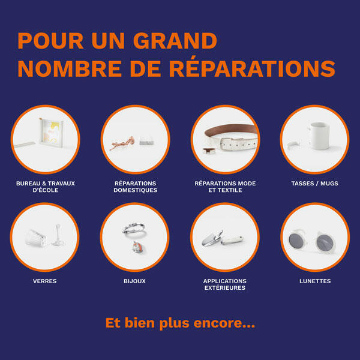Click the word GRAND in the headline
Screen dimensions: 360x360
175,41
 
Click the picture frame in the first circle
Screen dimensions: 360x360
51,133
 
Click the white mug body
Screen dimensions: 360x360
319,136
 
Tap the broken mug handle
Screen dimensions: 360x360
293,145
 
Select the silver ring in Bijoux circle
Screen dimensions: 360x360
134,228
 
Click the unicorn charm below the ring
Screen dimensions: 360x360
138,247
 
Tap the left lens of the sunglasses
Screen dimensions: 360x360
297,241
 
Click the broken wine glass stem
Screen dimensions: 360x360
58,235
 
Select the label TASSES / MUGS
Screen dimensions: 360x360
314,184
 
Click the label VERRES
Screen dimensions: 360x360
45,281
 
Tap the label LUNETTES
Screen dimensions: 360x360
315,281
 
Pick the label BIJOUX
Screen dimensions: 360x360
134,281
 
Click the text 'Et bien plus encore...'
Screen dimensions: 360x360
180,323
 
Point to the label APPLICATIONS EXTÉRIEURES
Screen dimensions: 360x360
225,284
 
